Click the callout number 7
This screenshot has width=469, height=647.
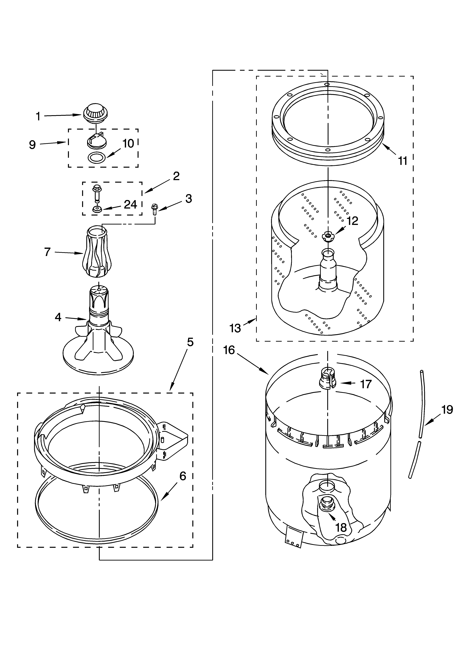tap(47, 252)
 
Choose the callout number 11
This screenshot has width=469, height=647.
tap(403, 161)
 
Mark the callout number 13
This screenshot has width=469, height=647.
tap(235, 328)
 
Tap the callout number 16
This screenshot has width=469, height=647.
tap(229, 350)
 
